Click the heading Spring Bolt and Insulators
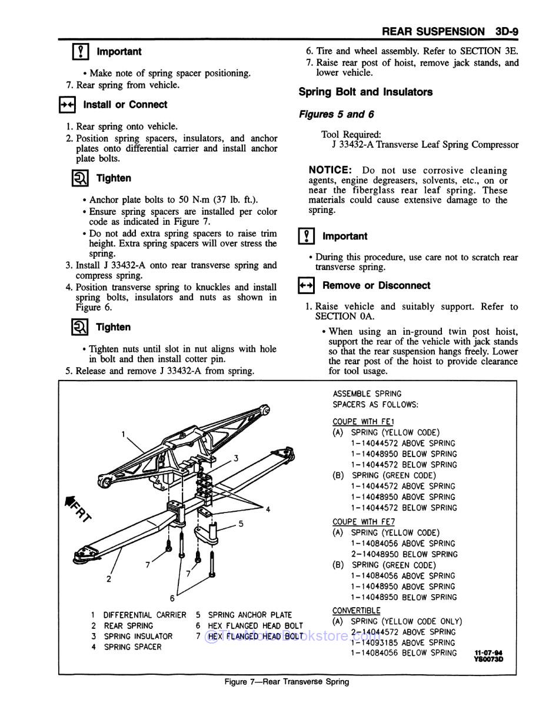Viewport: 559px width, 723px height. (365, 92)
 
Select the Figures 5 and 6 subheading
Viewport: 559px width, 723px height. (336, 114)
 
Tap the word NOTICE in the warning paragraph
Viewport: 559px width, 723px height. (330, 170)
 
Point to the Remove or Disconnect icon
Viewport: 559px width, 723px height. (307, 286)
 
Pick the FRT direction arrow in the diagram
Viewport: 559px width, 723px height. (77, 507)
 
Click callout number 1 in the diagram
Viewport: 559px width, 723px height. (124, 434)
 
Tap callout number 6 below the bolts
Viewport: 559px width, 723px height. (172, 598)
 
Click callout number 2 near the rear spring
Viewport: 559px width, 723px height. (109, 579)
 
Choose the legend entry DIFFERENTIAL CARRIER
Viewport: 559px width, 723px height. (144, 615)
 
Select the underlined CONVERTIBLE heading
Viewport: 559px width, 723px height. (357, 611)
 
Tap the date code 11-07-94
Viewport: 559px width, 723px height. (489, 653)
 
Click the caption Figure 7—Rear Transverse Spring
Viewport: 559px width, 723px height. (287, 682)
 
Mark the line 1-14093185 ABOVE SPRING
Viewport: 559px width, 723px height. (403, 643)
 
